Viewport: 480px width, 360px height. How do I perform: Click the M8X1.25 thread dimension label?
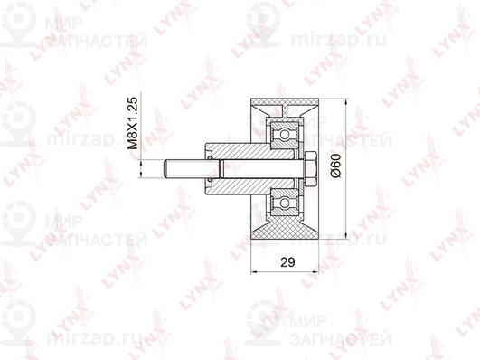133,123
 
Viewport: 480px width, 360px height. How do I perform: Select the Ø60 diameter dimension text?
335,166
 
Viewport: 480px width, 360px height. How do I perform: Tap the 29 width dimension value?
287,262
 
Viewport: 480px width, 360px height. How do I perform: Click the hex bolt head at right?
310,169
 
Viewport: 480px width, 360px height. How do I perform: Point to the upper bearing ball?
285,135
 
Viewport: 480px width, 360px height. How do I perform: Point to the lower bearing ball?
285,203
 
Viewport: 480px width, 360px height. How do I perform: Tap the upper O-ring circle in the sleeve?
210,157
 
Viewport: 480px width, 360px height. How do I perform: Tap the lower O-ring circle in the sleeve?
210,180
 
